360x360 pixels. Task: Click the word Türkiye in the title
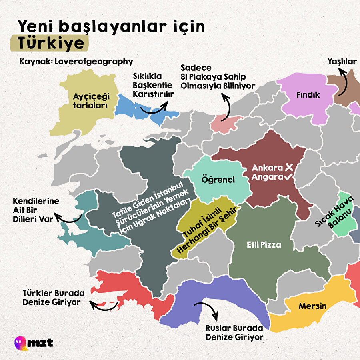point(48,43)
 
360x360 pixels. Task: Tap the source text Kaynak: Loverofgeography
point(76,62)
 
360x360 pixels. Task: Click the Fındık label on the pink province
point(308,95)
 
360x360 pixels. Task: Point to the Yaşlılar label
point(342,62)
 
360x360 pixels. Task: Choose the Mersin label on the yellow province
point(312,306)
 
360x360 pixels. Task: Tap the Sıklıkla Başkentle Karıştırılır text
point(152,85)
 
